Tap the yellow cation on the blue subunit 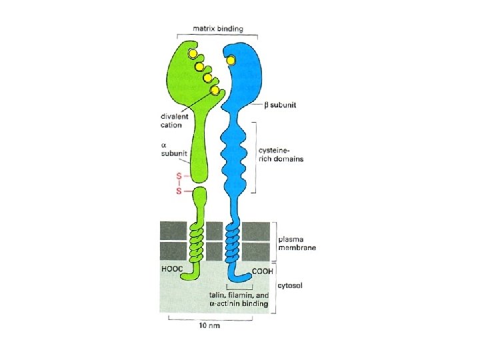(231, 61)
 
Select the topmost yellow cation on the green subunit (192, 53)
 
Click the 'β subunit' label (274, 106)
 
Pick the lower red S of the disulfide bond (178, 192)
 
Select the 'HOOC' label (172, 269)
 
